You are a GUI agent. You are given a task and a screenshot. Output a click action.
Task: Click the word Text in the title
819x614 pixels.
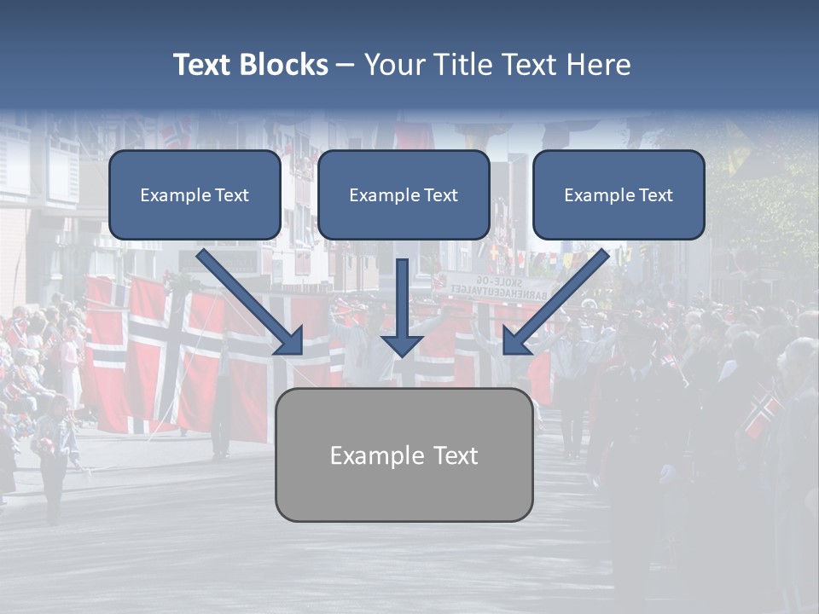coord(202,65)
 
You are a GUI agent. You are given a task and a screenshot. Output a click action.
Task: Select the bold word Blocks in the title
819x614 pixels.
coord(283,65)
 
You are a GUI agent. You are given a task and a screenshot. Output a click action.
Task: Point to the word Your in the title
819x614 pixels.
coord(396,65)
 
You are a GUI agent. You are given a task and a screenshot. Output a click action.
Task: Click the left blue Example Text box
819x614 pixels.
coord(195,194)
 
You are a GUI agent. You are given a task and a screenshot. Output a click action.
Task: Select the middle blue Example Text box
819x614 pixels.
coord(404,194)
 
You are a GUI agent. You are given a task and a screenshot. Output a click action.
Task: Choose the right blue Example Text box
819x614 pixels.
coord(619,194)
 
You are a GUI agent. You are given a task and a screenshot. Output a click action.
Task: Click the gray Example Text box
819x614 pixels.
coord(404,455)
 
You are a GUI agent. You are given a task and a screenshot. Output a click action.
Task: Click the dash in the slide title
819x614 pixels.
coord(346,65)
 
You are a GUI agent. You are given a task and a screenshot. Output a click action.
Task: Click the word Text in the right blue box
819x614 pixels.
coord(655,195)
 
